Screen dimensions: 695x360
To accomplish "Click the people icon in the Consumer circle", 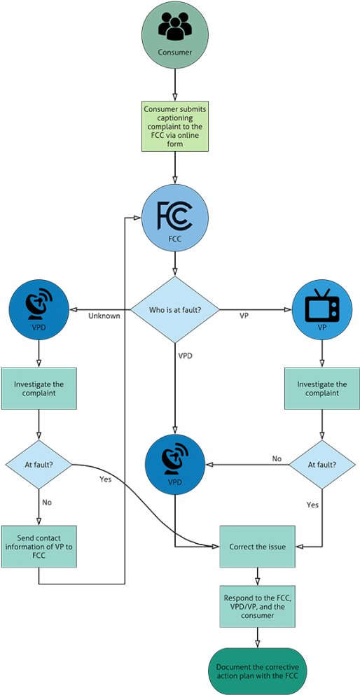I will (x=174, y=28).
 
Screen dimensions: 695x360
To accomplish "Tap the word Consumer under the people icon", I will (x=174, y=52).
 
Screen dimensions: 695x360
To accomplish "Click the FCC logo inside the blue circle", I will (x=174, y=215).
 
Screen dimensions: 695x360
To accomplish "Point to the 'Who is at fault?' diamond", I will (x=174, y=309).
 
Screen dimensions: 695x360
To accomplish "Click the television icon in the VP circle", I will (x=321, y=306).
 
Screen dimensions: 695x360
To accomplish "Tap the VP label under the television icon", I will (x=321, y=328).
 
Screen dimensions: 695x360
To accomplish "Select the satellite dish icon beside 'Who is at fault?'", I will (x=39, y=306).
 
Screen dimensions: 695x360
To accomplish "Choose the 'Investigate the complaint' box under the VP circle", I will (x=321, y=388).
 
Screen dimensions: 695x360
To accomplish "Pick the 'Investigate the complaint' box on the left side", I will (x=39, y=388).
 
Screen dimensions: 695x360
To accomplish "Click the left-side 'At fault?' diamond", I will (x=39, y=464).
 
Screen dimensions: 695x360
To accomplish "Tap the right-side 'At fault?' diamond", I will (x=321, y=464).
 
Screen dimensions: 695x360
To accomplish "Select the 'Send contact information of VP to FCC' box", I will (x=39, y=547).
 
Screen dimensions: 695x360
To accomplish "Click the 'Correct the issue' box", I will (x=258, y=547).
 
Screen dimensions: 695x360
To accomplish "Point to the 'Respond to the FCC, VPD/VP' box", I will (x=258, y=606).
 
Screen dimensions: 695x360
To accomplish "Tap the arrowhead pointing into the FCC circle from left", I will (x=137, y=218).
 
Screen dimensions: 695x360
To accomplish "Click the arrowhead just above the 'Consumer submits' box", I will (x=174, y=95).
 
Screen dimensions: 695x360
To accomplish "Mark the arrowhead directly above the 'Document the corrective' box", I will (x=258, y=642).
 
